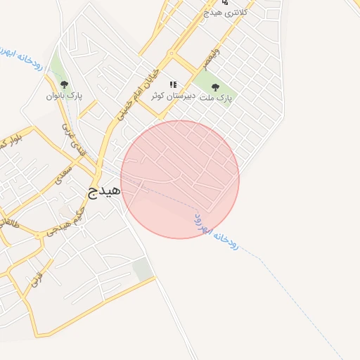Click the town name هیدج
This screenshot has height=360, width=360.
[104, 190]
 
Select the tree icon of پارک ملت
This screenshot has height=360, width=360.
[215, 87]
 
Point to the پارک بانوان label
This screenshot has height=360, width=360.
[65, 96]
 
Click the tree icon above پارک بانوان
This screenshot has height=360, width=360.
[65, 84]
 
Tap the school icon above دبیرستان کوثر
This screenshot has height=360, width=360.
[173, 84]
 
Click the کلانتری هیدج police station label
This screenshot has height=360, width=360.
[225, 13]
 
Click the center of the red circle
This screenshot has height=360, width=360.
[180, 179]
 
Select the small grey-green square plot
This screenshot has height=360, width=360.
[143, 269]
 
